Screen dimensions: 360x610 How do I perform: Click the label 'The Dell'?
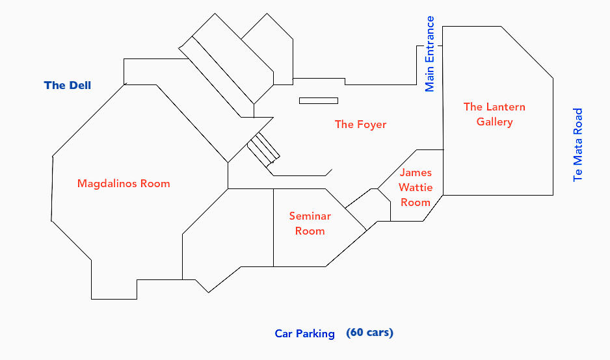pos(68,85)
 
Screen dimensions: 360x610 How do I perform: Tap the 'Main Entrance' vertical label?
pos(429,55)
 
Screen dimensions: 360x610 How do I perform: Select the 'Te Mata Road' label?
pos(577,145)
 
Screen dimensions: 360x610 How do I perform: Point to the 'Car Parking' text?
pos(304,334)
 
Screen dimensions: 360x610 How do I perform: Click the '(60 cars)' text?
pos(370,333)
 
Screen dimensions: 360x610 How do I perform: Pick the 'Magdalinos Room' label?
pos(124,183)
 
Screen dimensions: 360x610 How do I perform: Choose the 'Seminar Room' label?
pos(310,223)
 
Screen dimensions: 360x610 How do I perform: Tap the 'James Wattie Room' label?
pos(416,187)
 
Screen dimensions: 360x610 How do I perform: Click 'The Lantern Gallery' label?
pos(494,114)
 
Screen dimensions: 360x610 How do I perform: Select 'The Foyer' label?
pos(360,124)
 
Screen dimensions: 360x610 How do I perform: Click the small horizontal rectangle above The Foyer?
pos(319,101)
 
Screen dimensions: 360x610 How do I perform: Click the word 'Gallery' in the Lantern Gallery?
pos(495,122)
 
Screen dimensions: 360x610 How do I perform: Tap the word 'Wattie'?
pos(416,187)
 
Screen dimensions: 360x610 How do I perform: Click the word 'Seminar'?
pos(310,216)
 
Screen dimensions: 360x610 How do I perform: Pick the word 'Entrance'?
pos(429,42)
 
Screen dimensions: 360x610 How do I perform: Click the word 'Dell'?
pos(80,85)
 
